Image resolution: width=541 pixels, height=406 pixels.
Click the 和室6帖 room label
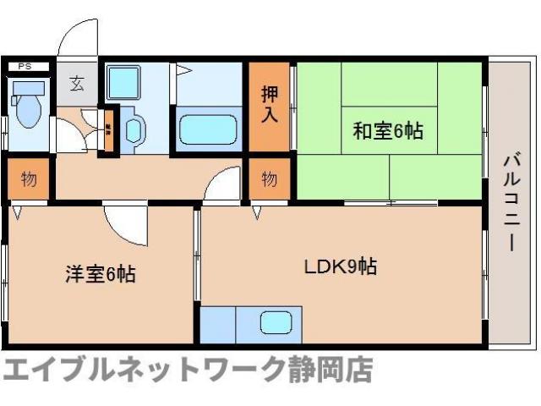tap(387, 131)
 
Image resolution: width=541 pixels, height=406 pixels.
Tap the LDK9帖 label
tap(342, 266)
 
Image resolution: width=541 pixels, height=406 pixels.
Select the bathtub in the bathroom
tap(210, 130)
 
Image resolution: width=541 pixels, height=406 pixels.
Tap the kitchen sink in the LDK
tap(277, 323)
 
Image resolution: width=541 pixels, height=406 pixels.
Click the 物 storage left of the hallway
tap(28, 179)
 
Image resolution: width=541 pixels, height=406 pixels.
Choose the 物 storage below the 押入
tap(269, 179)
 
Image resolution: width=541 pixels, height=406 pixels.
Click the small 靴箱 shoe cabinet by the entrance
tap(108, 131)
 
